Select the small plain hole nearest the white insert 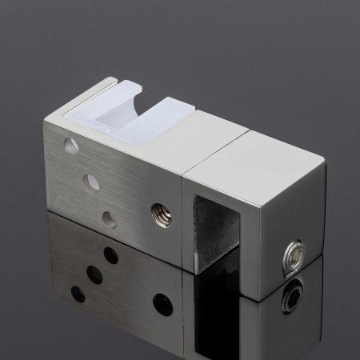[x=71, y=146]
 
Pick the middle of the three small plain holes [x=93, y=183]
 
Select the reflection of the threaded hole [x=162, y=304]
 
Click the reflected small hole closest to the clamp [x=110, y=255]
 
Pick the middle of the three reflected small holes [x=94, y=274]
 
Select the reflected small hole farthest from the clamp [x=78, y=294]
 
